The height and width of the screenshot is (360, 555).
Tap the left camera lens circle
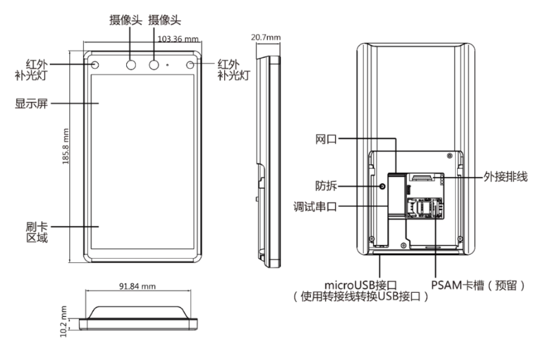point(131,65)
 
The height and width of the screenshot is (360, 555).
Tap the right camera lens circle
point(155,65)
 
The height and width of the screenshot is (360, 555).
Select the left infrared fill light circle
point(95,65)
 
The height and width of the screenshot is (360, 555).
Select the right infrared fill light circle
point(191,65)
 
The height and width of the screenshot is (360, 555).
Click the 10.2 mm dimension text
point(64,318)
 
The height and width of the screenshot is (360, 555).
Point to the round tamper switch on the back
point(381,187)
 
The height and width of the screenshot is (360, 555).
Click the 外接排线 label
point(506,177)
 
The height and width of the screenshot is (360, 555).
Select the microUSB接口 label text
point(356,284)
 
